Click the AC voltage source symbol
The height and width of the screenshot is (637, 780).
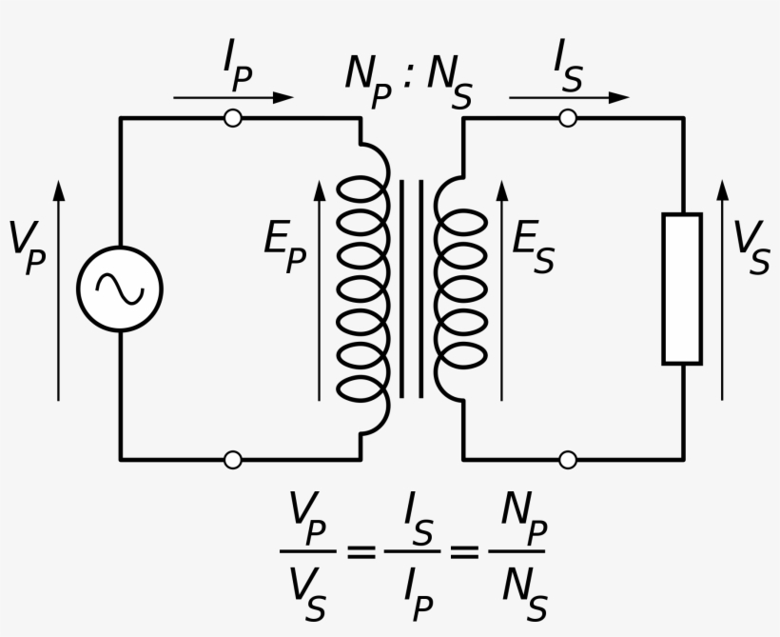pyautogui.click(x=120, y=289)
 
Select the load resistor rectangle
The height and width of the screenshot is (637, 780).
pyautogui.click(x=682, y=289)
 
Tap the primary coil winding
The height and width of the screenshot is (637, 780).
pyautogui.click(x=363, y=289)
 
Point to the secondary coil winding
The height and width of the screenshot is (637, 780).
pyautogui.click(x=459, y=289)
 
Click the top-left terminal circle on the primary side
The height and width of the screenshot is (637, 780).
pyautogui.click(x=231, y=118)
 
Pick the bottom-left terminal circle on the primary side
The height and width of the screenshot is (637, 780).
pyautogui.click(x=231, y=460)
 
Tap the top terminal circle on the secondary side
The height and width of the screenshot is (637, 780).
pyautogui.click(x=568, y=118)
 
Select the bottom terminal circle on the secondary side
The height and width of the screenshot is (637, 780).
pyautogui.click(x=568, y=460)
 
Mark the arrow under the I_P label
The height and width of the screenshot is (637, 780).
pyautogui.click(x=233, y=97)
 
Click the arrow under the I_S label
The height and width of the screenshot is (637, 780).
pyautogui.click(x=569, y=97)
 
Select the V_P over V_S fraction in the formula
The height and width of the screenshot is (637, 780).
pyautogui.click(x=309, y=553)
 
